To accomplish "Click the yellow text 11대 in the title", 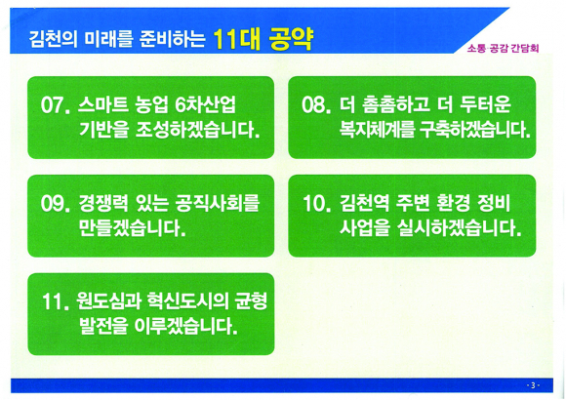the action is pos(237,39).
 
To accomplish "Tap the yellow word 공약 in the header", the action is pos(291,39).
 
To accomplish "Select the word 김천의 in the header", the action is pos(53,39).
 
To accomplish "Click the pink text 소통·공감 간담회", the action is pos(503,49).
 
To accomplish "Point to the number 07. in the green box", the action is pos(56,105).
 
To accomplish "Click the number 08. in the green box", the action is pos(316,105).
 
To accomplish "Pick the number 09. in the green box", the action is pos(56,204).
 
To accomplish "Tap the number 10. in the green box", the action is pos(317,204).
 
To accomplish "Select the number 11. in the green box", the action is pos(56,302).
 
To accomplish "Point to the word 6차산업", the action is pos(205,105).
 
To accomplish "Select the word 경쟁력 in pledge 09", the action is pos(102,204).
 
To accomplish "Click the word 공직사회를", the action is pos(218,204).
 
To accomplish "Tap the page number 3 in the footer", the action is pos(533,385).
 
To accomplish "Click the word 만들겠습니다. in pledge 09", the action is pos(133,228).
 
